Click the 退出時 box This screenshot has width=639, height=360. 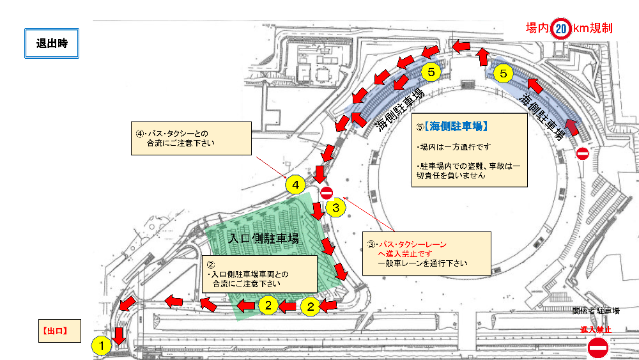tap(52, 43)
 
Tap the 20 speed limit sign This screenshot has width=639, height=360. tap(561, 28)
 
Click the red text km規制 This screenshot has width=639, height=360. tap(592, 28)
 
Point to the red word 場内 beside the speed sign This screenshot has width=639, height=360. tap(538, 28)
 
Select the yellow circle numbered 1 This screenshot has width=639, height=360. tap(100, 345)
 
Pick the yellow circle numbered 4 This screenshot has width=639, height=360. tap(295, 186)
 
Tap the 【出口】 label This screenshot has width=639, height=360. tap(54, 331)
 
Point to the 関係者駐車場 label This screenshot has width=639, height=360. tap(596, 311)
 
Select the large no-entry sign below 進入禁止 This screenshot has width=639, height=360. tap(598, 348)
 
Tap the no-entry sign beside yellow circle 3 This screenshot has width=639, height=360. tap(327, 192)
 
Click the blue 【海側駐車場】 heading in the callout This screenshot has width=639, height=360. tap(456, 126)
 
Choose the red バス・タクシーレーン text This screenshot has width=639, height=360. tap(412, 245)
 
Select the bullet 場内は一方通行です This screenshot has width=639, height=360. tap(448, 146)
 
